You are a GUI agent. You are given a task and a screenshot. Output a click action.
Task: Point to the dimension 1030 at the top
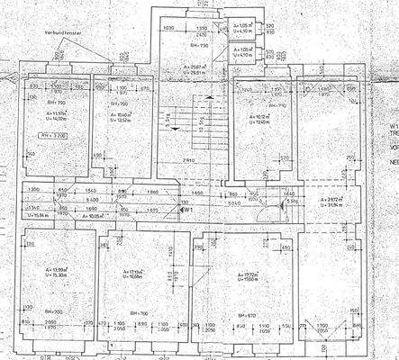point(168,29)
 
